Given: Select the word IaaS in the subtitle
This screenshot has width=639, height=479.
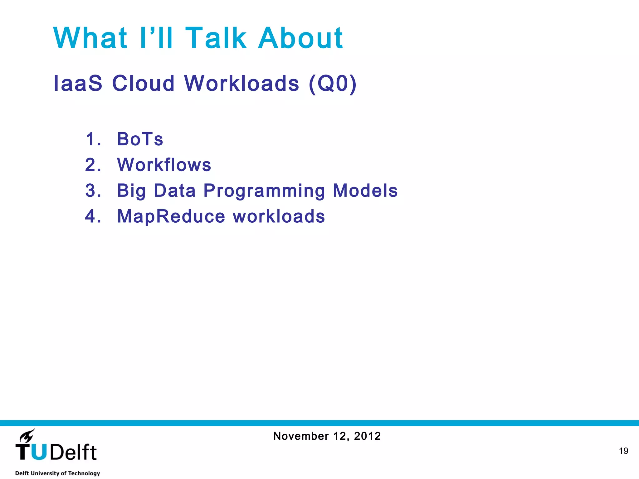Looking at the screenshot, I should pyautogui.click(x=78, y=83).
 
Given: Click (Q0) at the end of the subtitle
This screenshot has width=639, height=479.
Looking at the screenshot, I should pyautogui.click(x=333, y=83).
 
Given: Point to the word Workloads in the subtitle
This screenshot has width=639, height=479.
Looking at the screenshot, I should pyautogui.click(x=242, y=83).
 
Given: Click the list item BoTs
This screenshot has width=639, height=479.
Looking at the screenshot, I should pyautogui.click(x=140, y=139).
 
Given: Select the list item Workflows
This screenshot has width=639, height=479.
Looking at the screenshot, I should pyautogui.click(x=164, y=165).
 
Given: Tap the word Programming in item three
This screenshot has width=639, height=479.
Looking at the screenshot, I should pyautogui.click(x=264, y=191).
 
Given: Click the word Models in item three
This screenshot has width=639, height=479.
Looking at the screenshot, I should pyautogui.click(x=365, y=191).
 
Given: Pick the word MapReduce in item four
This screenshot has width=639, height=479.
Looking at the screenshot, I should pyautogui.click(x=171, y=216).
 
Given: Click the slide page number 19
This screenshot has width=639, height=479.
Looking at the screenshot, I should pyautogui.click(x=623, y=451).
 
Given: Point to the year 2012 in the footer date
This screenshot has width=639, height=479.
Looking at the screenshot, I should pyautogui.click(x=367, y=436).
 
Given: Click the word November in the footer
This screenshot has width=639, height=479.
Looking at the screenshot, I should pyautogui.click(x=301, y=436).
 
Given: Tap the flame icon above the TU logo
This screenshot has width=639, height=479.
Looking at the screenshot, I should pyautogui.click(x=27, y=436).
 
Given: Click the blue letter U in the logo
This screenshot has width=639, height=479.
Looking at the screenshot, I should pyautogui.click(x=39, y=452).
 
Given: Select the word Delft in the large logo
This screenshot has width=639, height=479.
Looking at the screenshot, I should pyautogui.click(x=73, y=452).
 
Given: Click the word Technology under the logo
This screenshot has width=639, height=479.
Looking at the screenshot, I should pyautogui.click(x=84, y=473).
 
